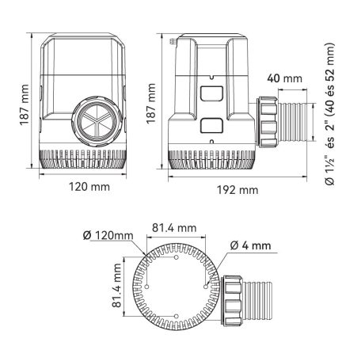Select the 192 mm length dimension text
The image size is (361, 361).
tap(238, 190)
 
